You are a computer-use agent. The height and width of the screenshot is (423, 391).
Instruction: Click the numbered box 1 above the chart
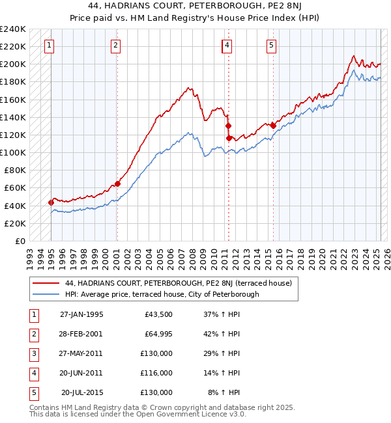click(50, 46)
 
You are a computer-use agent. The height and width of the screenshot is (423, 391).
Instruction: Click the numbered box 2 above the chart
click(115, 46)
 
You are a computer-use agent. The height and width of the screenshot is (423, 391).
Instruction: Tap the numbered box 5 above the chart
click(270, 46)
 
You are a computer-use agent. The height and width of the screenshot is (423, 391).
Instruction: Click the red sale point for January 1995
click(51, 202)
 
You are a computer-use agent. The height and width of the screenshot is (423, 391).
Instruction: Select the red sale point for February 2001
click(117, 184)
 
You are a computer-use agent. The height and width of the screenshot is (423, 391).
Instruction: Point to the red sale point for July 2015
click(273, 126)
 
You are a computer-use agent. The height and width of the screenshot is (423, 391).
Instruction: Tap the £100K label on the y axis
click(13, 152)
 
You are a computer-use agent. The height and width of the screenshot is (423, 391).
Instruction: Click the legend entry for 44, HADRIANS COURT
click(182, 284)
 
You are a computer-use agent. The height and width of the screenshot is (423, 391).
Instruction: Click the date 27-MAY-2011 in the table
click(81, 353)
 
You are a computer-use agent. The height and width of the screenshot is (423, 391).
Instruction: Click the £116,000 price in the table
click(156, 373)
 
